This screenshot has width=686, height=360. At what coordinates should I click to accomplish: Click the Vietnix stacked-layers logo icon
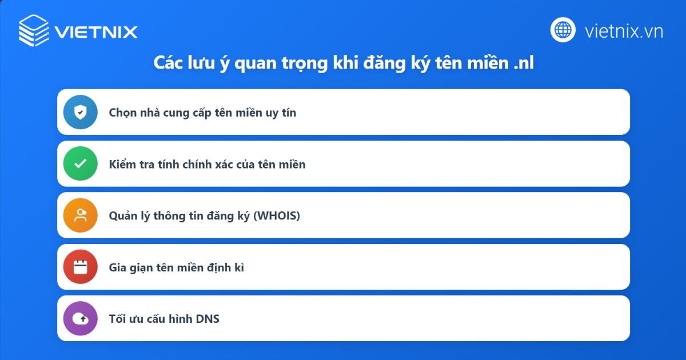(x=34, y=30)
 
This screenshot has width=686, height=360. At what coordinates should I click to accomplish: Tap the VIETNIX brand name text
(x=96, y=31)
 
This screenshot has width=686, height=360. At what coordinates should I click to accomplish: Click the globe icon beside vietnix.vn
(x=563, y=30)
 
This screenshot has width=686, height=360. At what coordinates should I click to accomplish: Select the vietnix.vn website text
(x=624, y=31)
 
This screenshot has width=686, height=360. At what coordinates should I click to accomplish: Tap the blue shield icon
(x=81, y=112)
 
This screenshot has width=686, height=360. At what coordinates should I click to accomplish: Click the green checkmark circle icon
(x=81, y=164)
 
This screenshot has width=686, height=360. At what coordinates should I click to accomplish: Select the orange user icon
(x=81, y=215)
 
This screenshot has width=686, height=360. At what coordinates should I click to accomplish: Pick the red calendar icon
(x=81, y=267)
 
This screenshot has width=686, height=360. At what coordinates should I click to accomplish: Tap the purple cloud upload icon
(x=81, y=318)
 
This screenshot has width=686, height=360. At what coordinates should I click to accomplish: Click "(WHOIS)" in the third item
(x=277, y=216)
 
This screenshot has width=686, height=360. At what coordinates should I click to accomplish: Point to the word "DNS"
(x=208, y=319)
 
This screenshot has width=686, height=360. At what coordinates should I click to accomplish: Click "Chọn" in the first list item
(x=123, y=113)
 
